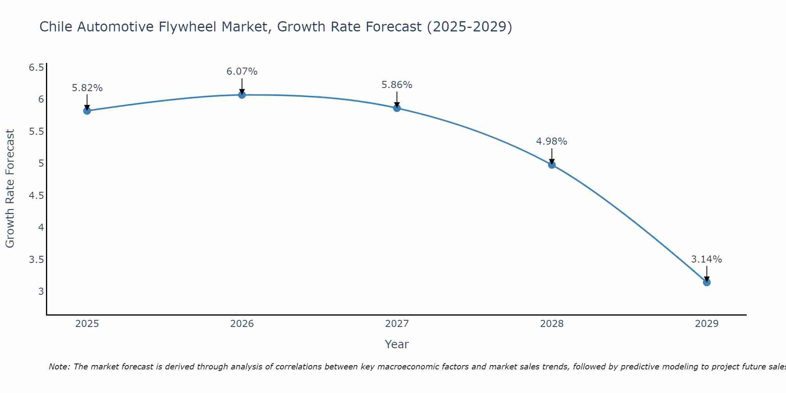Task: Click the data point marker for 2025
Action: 87,111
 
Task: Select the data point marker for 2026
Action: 242,95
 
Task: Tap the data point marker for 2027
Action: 397,108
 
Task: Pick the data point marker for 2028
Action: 551,165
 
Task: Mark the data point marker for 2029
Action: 706,282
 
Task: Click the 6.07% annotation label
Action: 242,72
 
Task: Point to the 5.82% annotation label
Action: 87,88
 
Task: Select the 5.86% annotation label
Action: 397,85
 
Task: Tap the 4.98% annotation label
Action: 551,141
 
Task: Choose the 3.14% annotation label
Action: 706,259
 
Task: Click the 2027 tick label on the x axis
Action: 397,324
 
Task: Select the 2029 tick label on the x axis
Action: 706,324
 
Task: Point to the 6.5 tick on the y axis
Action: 36,68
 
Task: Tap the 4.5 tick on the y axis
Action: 36,196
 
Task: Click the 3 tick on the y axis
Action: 41,292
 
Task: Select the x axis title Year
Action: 397,344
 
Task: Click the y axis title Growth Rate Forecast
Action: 10,189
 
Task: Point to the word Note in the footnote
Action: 59,367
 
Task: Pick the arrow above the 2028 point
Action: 551,156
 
